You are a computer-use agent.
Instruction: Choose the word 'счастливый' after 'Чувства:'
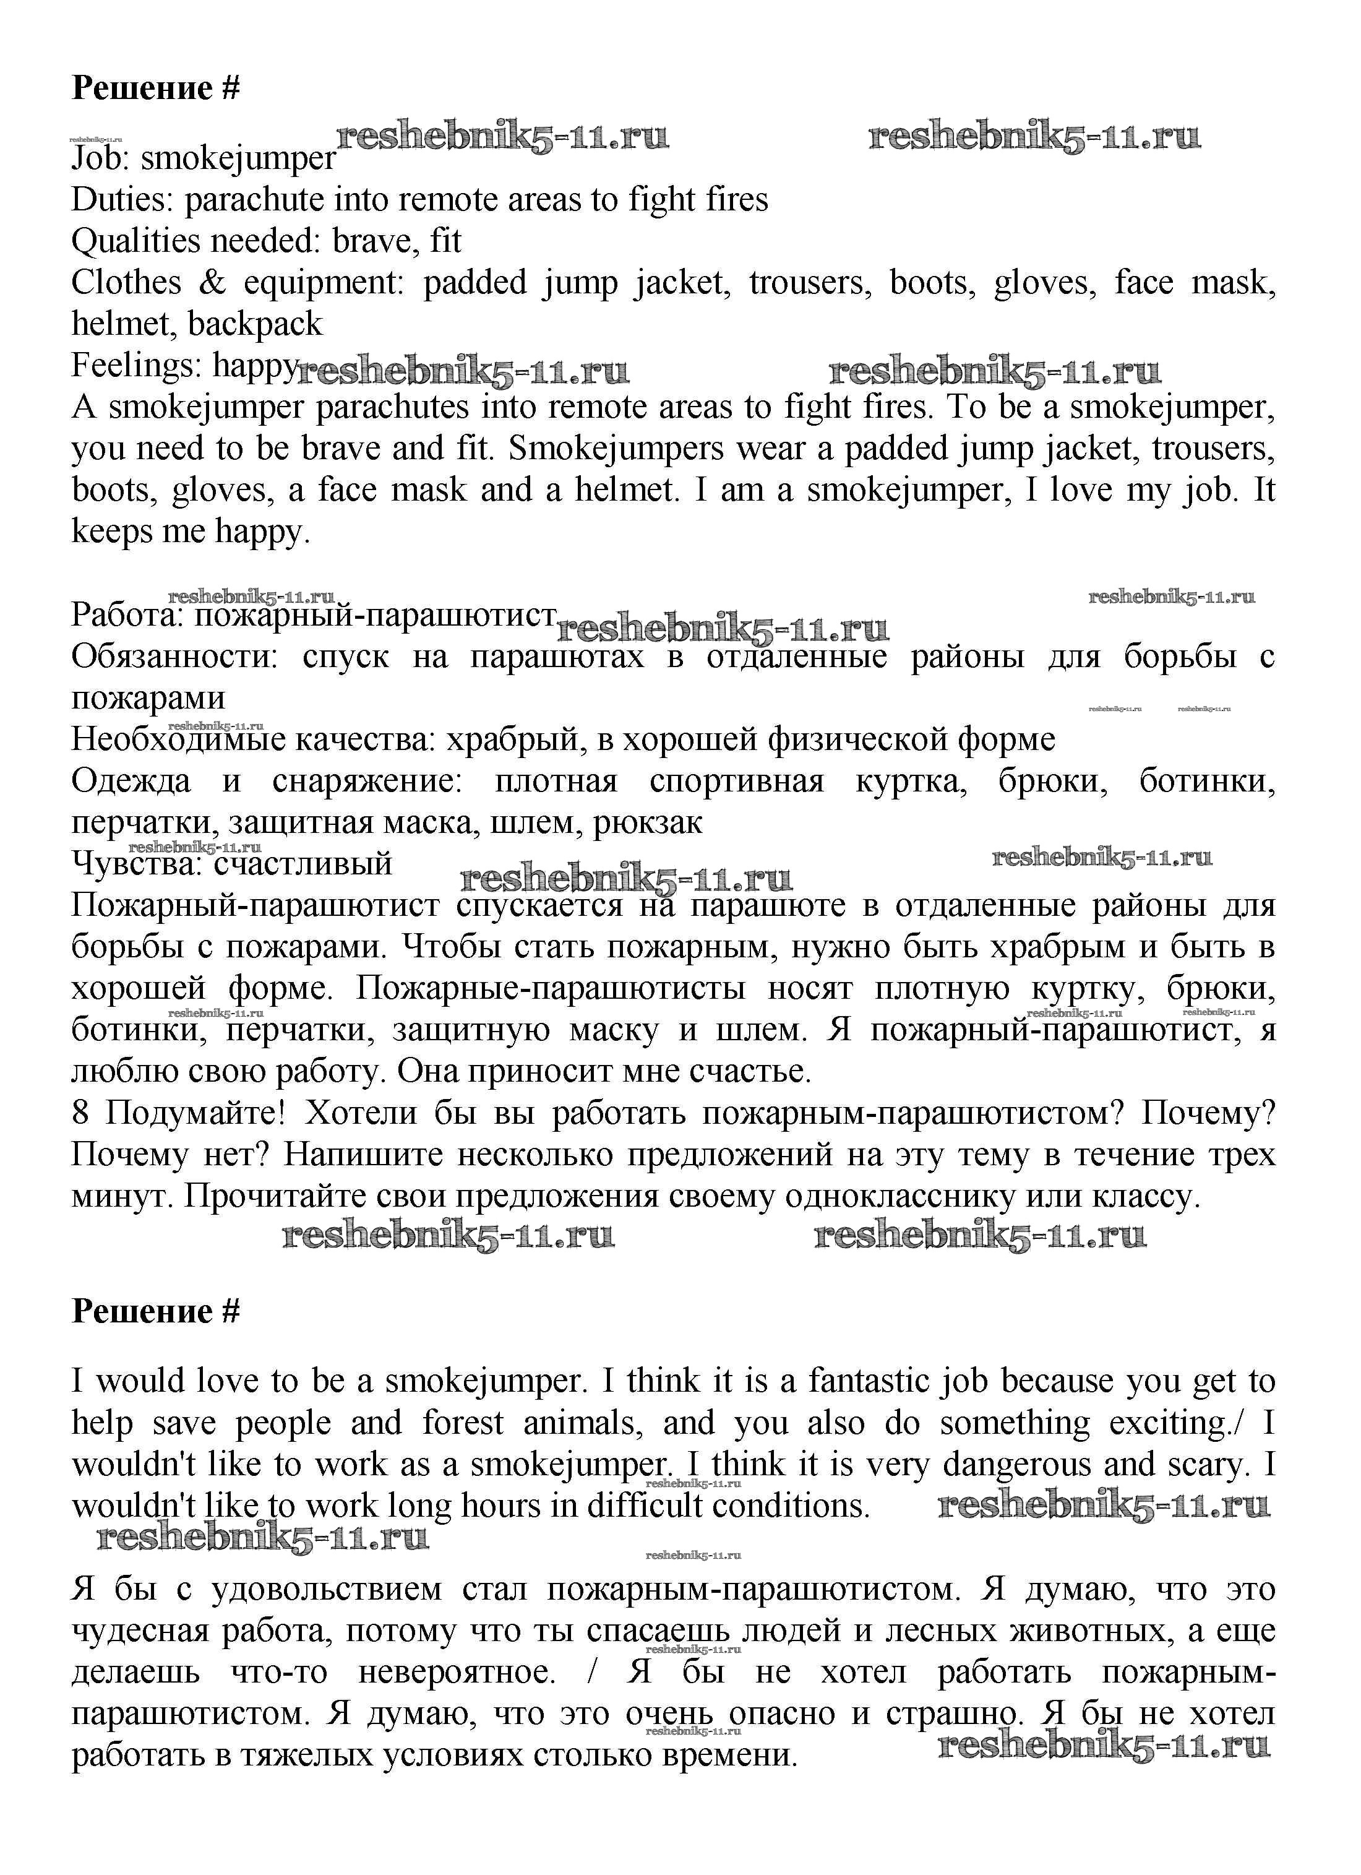click(303, 864)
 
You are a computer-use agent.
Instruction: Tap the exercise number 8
click(80, 1114)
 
